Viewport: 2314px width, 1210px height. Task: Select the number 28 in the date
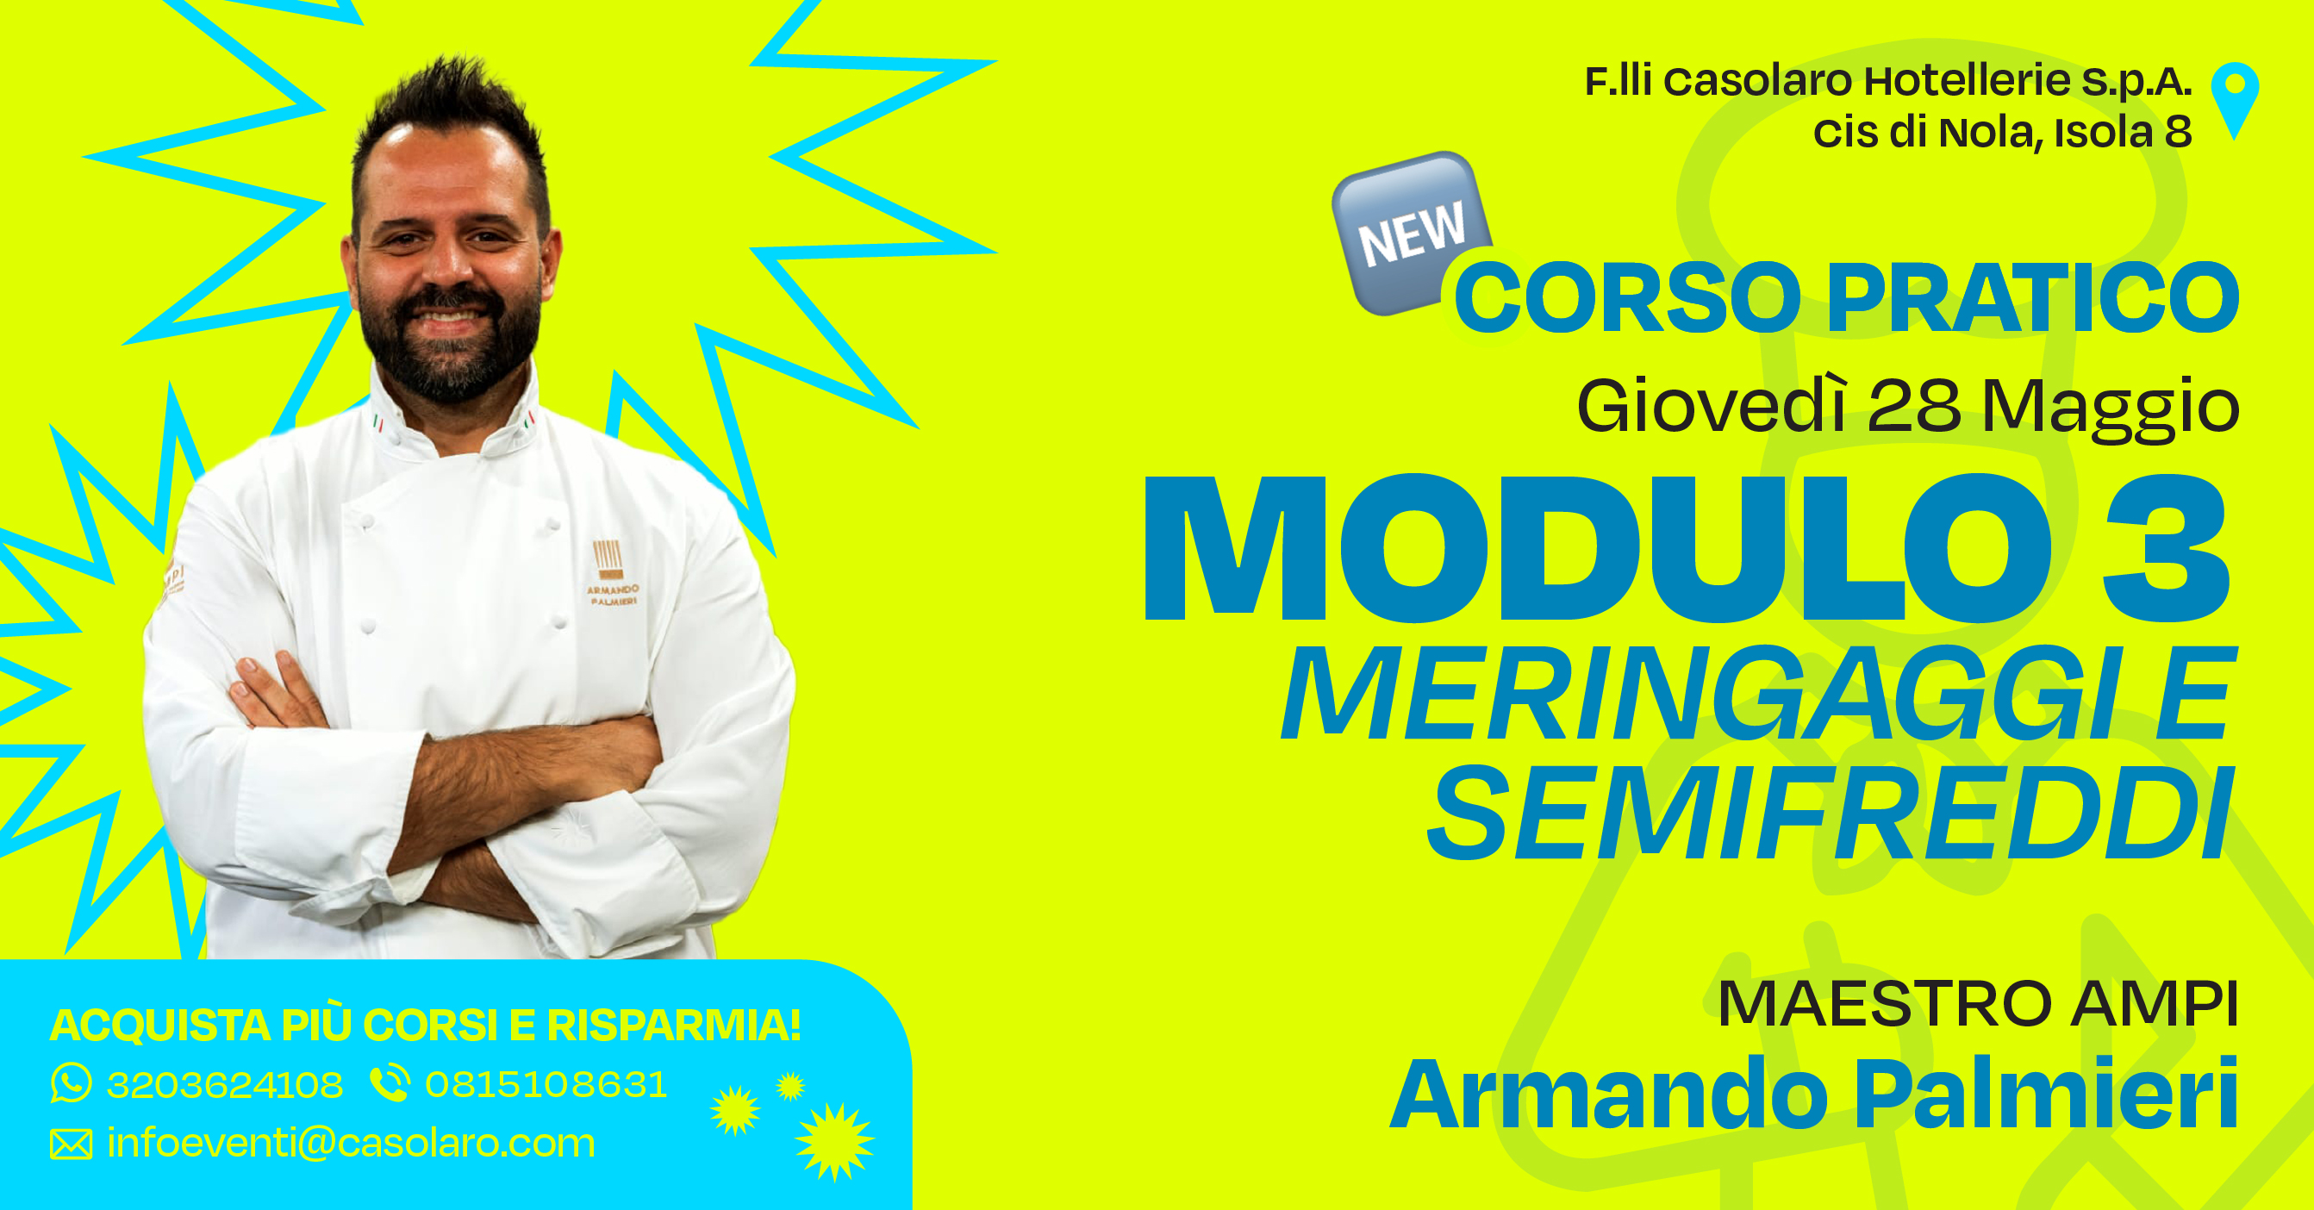(1913, 406)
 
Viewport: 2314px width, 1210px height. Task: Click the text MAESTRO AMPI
(1976, 1003)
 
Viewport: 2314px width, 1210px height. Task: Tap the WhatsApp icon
(71, 1083)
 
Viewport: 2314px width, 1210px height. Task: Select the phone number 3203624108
(225, 1085)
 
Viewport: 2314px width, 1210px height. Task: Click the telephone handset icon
(390, 1083)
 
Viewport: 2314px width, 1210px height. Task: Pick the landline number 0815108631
(546, 1085)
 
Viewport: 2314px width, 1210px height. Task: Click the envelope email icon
(71, 1145)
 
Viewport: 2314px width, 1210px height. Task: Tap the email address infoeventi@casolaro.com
(351, 1144)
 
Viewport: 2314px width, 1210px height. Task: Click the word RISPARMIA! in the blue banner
(674, 1025)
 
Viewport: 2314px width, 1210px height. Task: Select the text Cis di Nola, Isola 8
(2001, 133)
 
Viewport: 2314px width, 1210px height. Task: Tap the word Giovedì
(1712, 407)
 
